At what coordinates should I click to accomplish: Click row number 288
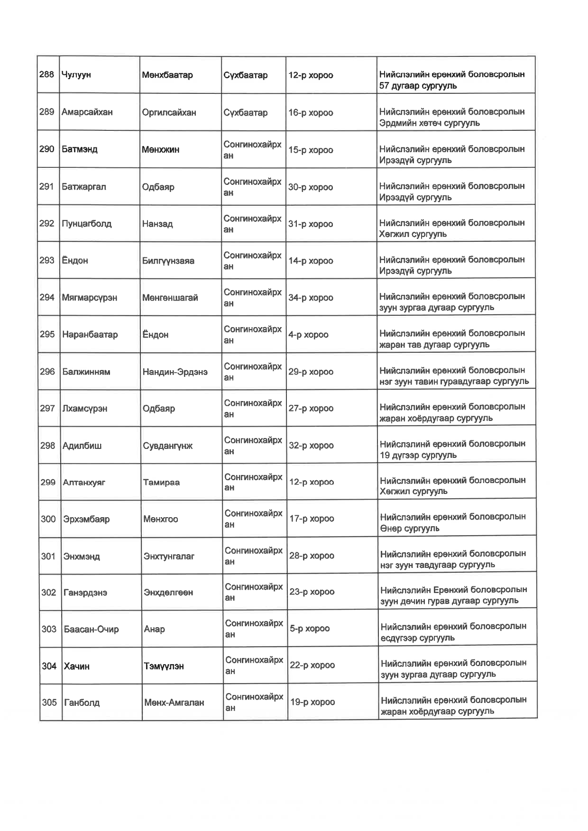(46, 74)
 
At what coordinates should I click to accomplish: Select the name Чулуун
(76, 75)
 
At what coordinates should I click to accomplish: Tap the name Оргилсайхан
(169, 112)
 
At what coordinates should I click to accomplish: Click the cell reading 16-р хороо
(311, 113)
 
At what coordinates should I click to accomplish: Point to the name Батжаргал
(84, 187)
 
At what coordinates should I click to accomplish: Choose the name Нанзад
(157, 224)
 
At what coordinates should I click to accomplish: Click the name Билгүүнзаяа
(168, 261)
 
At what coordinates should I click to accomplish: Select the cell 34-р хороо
(311, 298)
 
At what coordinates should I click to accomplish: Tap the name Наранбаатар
(90, 335)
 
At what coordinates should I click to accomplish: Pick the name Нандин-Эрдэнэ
(175, 372)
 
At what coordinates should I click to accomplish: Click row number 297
(47, 408)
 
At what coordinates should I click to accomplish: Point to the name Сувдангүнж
(168, 446)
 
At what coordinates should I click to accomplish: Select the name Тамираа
(161, 483)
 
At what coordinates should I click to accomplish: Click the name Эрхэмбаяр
(86, 519)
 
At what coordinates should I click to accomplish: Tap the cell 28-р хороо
(312, 556)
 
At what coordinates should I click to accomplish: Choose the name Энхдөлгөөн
(168, 593)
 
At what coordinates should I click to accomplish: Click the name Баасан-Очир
(91, 630)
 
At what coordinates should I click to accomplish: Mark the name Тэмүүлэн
(164, 666)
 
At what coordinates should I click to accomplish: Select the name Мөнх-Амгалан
(174, 703)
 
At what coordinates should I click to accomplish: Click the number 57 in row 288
(385, 86)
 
